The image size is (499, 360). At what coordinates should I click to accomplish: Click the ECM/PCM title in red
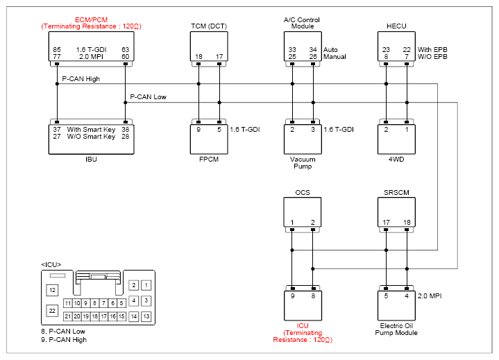tap(91, 19)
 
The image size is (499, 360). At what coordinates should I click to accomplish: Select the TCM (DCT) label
tap(209, 26)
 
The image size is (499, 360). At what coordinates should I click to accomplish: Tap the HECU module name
tap(396, 26)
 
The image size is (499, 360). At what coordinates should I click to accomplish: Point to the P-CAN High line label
tap(81, 79)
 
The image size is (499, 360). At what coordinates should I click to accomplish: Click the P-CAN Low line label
tap(148, 97)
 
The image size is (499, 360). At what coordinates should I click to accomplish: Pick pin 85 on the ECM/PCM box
tap(57, 50)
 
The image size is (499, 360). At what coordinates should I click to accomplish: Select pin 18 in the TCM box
tap(198, 57)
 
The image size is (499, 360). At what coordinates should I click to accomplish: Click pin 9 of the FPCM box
tap(198, 130)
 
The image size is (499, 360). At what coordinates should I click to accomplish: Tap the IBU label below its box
tap(91, 160)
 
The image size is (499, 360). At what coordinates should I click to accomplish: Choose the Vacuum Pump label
tap(303, 163)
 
